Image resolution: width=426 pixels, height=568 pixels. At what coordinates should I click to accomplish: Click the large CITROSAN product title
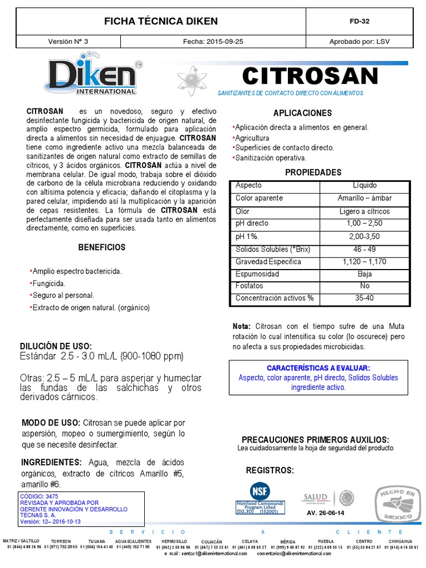[x=310, y=75]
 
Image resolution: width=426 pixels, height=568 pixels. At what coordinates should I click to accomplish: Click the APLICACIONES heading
[x=302, y=113]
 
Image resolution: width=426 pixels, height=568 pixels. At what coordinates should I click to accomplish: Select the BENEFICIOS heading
[x=102, y=247]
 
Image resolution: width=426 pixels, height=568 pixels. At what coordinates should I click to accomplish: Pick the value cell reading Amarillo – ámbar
[x=364, y=198]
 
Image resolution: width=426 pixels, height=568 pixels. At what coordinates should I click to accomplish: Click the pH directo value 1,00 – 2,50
[x=364, y=223]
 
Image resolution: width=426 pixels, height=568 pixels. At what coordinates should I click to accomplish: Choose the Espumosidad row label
[x=257, y=273]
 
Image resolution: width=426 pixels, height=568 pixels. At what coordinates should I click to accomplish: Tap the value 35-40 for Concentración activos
[x=364, y=298]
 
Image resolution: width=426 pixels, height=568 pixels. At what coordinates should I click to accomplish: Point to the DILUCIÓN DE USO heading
[x=57, y=346]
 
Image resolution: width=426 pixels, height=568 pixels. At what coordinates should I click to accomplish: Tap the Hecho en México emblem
[x=396, y=504]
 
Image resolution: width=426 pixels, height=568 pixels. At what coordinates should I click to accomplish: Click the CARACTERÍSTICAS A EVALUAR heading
[x=318, y=368]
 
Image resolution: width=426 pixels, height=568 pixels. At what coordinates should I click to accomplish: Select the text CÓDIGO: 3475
[x=39, y=496]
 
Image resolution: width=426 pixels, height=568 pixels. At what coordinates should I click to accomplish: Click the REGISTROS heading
[x=270, y=470]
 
